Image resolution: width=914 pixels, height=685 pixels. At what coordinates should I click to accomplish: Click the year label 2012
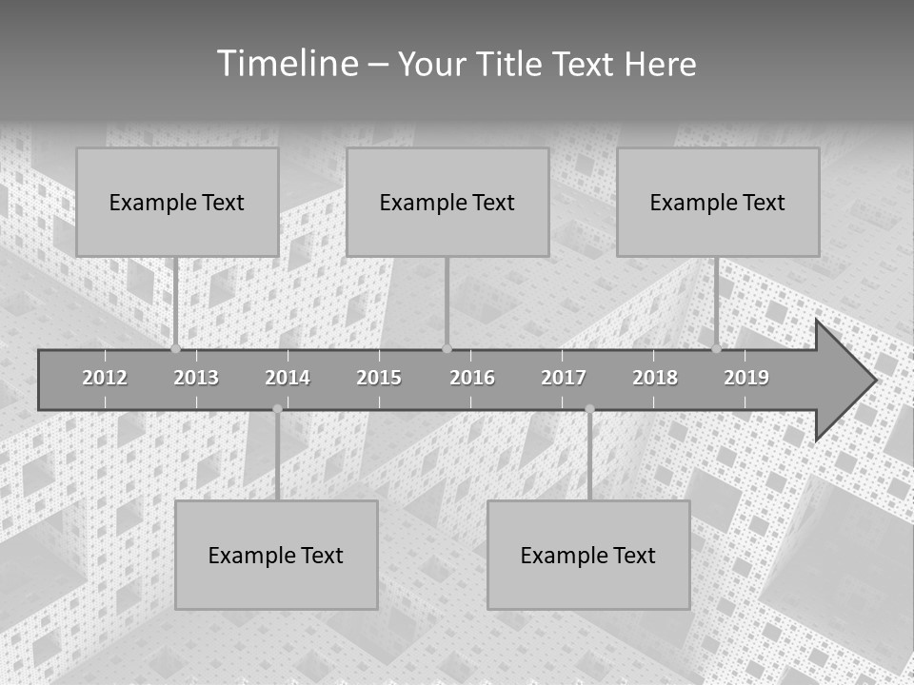pos(105,378)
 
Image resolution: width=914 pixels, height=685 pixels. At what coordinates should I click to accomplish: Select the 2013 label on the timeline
pos(196,378)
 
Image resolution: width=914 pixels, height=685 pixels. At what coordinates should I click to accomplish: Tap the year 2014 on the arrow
pos(288,378)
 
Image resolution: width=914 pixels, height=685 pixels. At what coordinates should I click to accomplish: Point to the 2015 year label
pos(379,378)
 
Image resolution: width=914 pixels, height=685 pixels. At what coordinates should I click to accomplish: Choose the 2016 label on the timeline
pos(472,378)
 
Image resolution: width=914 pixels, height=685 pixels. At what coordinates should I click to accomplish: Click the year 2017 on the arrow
pos(564,378)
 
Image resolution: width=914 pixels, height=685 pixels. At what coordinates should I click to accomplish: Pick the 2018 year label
pos(655,378)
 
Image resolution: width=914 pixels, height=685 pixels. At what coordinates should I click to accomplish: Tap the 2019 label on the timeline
pos(746,378)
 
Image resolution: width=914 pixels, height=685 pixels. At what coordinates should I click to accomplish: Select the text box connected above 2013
pos(177,202)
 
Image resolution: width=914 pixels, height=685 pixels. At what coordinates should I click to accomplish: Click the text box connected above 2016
pos(447,202)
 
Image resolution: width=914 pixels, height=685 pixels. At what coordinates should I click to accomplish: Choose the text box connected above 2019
pos(718,202)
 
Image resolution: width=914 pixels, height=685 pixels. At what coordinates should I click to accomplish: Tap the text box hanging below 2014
pos(276,555)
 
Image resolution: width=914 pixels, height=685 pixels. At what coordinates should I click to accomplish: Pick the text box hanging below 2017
pos(588,555)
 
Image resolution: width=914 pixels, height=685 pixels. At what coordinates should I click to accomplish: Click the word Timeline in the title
pos(286,64)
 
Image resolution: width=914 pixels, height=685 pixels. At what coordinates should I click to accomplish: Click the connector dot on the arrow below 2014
pos(277,409)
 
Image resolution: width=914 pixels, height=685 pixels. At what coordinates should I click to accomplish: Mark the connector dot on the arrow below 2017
pos(589,409)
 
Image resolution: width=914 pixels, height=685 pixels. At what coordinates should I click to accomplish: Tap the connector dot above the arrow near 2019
pos(717,348)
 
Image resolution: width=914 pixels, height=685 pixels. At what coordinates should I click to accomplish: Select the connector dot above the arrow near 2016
pos(447,348)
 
